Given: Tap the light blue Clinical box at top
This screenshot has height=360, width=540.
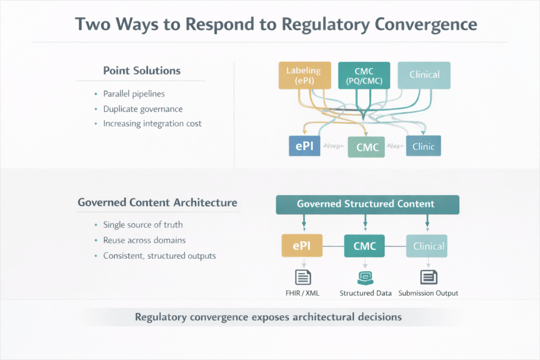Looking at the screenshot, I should [x=425, y=75].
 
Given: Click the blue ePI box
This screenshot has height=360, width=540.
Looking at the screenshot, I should [x=305, y=146].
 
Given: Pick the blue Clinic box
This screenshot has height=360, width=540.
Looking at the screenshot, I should [x=423, y=146].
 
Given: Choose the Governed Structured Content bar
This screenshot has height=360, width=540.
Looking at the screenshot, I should [x=368, y=205].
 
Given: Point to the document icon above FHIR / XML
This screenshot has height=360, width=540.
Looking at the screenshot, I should [x=303, y=276].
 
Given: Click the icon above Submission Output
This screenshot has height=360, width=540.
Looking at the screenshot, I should [x=427, y=276].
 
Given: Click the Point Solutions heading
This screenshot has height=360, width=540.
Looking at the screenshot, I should [x=141, y=71].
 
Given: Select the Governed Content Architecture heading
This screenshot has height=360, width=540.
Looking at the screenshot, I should [x=157, y=202].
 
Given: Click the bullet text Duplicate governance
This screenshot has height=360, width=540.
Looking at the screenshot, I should [x=143, y=109].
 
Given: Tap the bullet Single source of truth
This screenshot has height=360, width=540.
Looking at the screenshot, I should [x=143, y=225].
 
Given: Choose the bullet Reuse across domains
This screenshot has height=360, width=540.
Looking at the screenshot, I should [x=144, y=240].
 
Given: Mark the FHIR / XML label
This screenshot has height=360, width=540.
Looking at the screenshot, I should [x=303, y=293].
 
